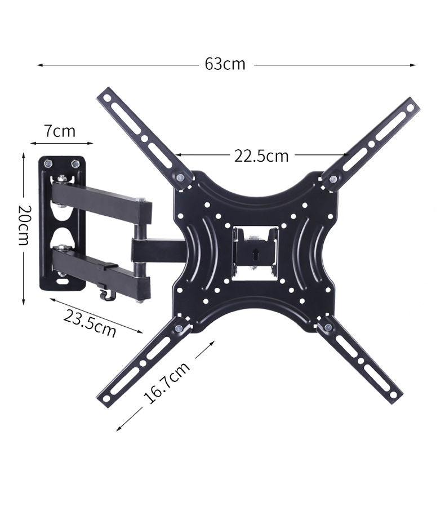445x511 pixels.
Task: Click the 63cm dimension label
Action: tap(225, 64)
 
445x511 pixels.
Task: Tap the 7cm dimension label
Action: tap(60, 131)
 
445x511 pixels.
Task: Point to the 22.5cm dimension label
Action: tap(261, 155)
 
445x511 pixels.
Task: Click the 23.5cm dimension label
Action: tap(90, 323)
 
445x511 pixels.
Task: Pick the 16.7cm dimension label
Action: tap(167, 383)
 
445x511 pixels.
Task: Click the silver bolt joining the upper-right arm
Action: tap(333, 179)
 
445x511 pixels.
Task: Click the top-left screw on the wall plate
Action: tap(47, 164)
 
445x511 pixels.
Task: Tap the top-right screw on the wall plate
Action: tap(75, 164)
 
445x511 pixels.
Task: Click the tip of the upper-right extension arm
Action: tap(412, 105)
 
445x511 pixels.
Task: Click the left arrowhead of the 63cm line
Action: tap(39, 65)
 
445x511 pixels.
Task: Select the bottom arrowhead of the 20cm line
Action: tap(24, 302)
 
